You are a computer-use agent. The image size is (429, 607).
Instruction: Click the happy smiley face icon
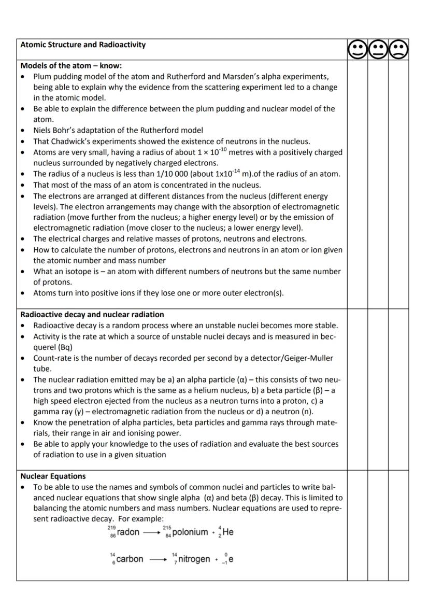357,50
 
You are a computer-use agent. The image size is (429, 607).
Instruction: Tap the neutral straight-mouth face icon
378,50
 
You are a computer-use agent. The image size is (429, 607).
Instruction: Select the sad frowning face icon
398,50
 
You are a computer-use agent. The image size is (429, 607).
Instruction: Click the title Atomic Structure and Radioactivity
83,45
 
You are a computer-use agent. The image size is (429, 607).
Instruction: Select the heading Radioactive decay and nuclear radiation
92,314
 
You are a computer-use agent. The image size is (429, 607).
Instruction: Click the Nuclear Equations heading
53,476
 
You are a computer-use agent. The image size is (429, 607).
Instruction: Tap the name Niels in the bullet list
43,130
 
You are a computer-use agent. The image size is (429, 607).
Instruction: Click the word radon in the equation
128,532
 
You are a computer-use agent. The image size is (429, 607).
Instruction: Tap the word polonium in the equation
190,532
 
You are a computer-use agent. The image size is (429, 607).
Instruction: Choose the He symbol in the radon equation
228,532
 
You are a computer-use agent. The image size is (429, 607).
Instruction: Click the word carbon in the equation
130,559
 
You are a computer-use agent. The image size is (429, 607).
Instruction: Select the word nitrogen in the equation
194,559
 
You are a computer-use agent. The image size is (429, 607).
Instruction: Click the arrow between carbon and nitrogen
158,559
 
